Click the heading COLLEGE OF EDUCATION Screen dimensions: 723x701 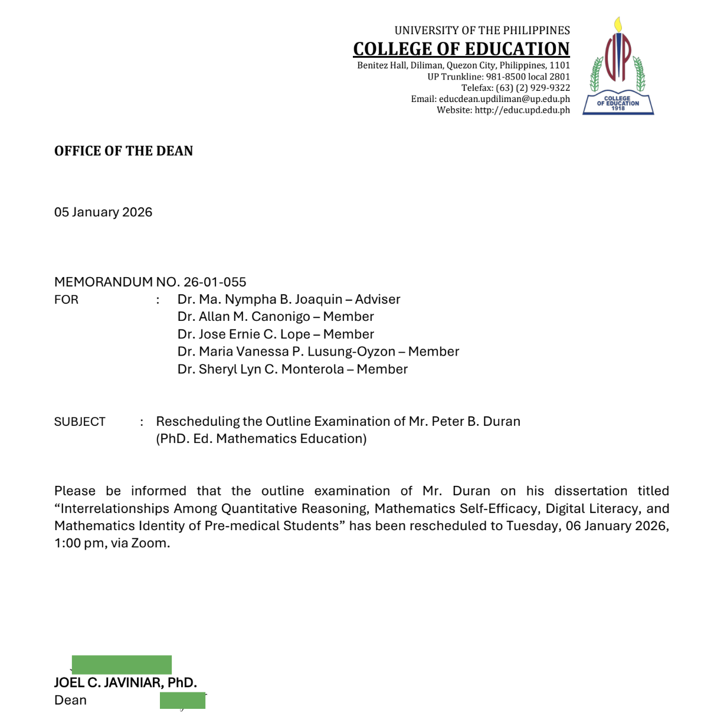pyautogui.click(x=461, y=49)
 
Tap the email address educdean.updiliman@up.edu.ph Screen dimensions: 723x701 pyautogui.click(x=504, y=99)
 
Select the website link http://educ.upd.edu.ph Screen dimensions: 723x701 pyautogui.click(x=522, y=110)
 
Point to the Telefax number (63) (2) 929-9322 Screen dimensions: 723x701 pyautogui.click(x=533, y=88)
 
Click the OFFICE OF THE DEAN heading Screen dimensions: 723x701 pyautogui.click(x=123, y=151)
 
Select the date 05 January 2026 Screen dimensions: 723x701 pyautogui.click(x=103, y=212)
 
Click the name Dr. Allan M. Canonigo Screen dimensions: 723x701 pyautogui.click(x=243, y=317)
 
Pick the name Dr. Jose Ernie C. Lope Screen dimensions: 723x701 pyautogui.click(x=244, y=334)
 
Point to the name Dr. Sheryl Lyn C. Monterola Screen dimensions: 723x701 pyautogui.click(x=260, y=369)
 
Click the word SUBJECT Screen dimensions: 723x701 pyautogui.click(x=80, y=422)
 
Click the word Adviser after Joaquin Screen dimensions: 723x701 pyautogui.click(x=378, y=300)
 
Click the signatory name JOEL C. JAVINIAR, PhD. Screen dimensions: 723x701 pyautogui.click(x=125, y=683)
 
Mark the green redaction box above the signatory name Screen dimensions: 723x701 pyautogui.click(x=122, y=665)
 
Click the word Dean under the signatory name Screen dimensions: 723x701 pyautogui.click(x=70, y=701)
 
